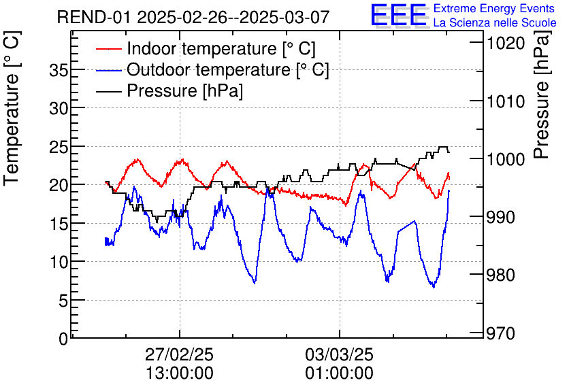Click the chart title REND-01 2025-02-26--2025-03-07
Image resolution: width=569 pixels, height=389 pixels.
[x=193, y=17]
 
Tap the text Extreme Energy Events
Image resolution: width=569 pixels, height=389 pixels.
[x=494, y=9]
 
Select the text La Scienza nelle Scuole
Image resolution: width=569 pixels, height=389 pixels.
[x=495, y=22]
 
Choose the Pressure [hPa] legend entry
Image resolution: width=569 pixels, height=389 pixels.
[x=184, y=91]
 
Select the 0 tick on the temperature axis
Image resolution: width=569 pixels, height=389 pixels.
[x=62, y=338]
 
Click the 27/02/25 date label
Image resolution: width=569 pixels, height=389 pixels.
[x=179, y=355]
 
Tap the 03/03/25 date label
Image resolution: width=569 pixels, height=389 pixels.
[x=339, y=355]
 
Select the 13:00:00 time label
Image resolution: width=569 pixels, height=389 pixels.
[x=179, y=373]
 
